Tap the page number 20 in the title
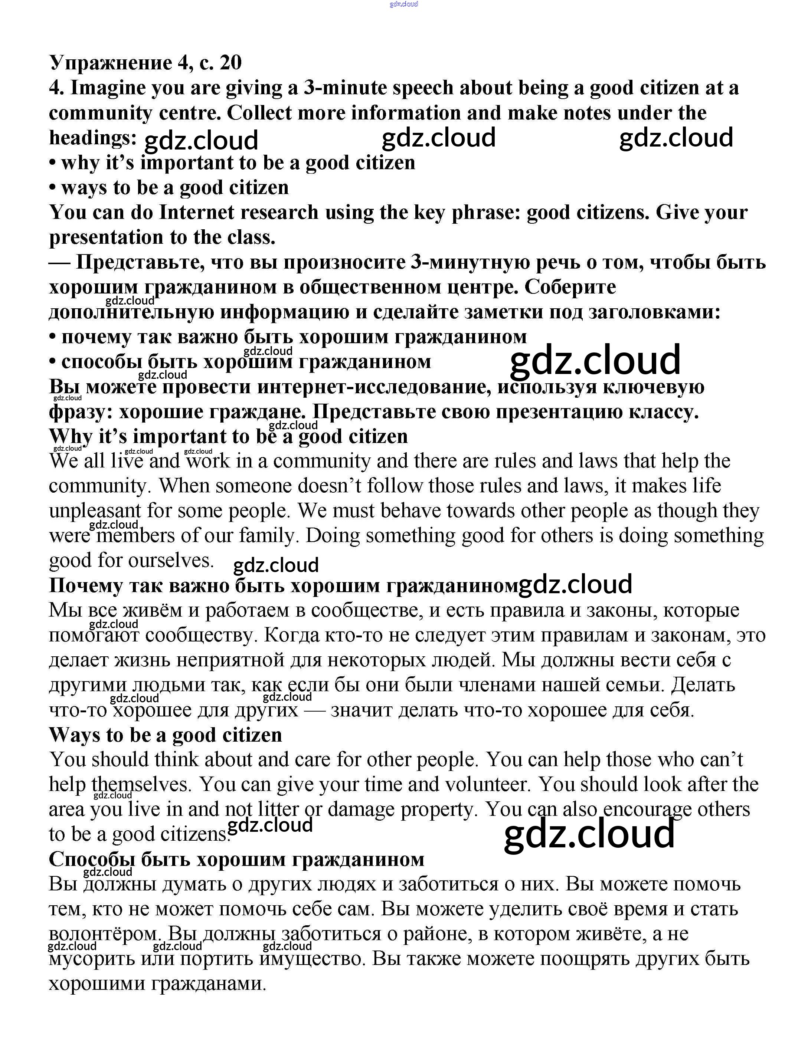pos(230,63)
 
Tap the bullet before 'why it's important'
pos(53,163)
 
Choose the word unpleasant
pos(95,511)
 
